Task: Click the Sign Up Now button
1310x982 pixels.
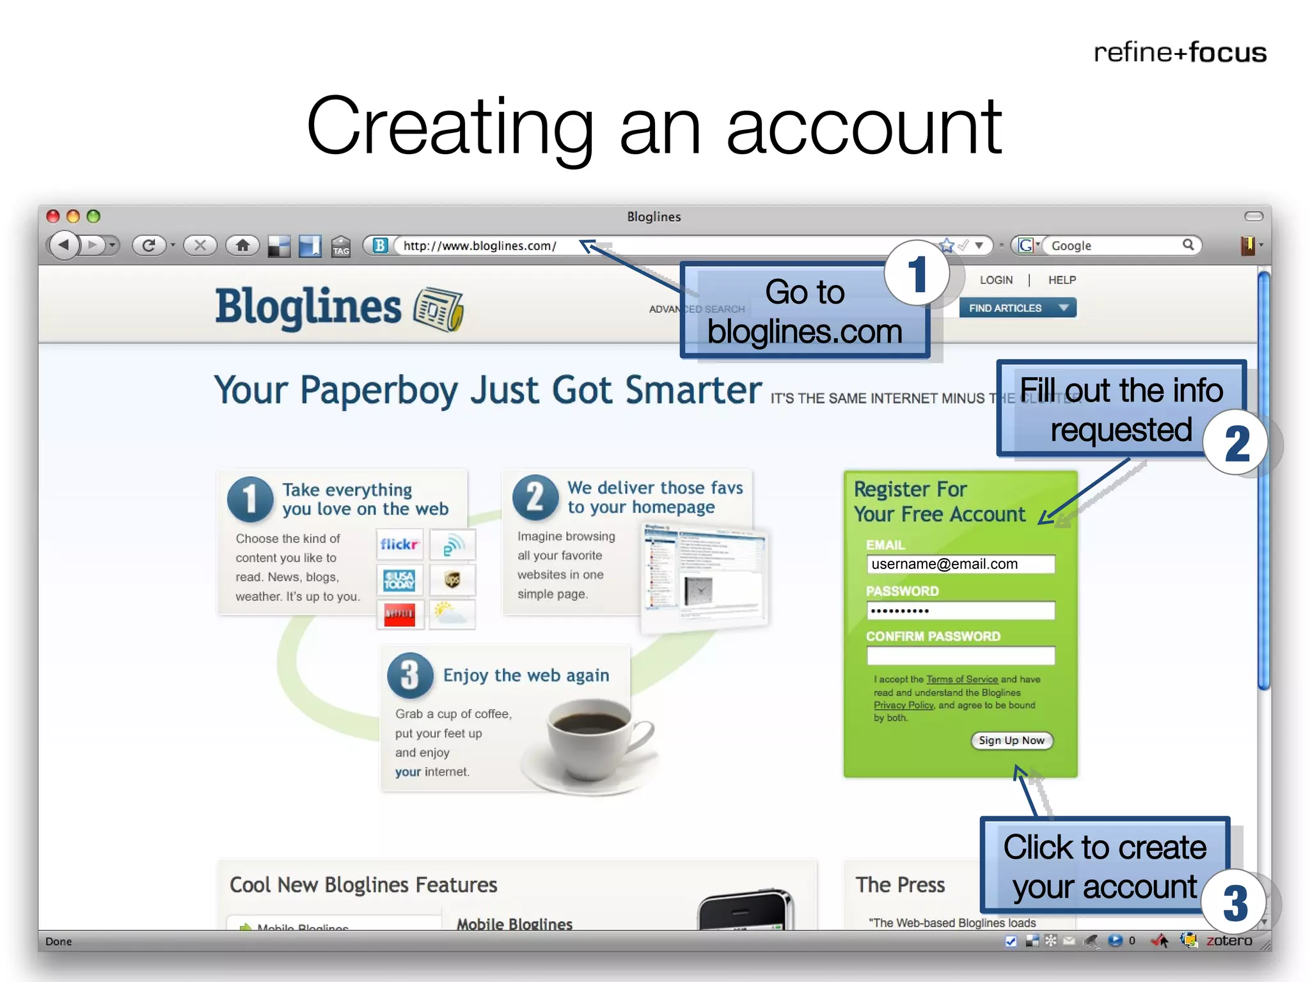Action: pyautogui.click(x=1011, y=740)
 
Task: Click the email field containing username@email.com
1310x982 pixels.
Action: pyautogui.click(x=960, y=564)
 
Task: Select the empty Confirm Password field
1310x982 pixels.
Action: pyautogui.click(x=960, y=655)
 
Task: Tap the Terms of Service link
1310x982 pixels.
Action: pyautogui.click(x=961, y=679)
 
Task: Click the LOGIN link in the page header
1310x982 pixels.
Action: pyautogui.click(x=996, y=280)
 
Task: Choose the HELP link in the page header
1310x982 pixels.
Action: pyautogui.click(x=1062, y=280)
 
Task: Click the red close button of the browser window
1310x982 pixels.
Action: pyautogui.click(x=53, y=217)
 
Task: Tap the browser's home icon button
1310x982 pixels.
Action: pyautogui.click(x=242, y=245)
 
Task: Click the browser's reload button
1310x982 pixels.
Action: pyautogui.click(x=149, y=245)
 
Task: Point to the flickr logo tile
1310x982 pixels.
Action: pyautogui.click(x=399, y=544)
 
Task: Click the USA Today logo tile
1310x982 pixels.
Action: pyautogui.click(x=399, y=581)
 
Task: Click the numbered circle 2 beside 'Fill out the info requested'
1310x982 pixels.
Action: pyautogui.click(x=1236, y=443)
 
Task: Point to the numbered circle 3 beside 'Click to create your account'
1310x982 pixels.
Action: pyautogui.click(x=1235, y=903)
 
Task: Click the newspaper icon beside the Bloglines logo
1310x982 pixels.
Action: pyautogui.click(x=439, y=309)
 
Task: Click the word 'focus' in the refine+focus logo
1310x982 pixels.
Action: pyautogui.click(x=1227, y=52)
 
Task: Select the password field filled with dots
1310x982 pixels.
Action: pyautogui.click(x=960, y=611)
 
